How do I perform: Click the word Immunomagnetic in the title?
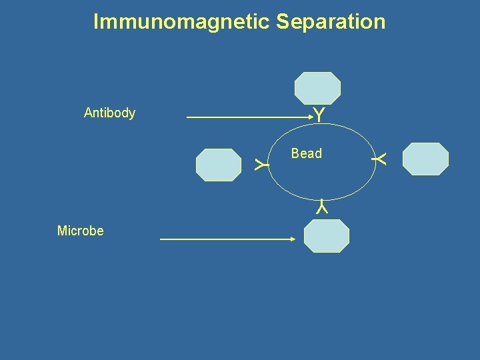(x=182, y=22)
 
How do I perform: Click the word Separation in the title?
(x=331, y=22)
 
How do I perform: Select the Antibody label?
(x=109, y=113)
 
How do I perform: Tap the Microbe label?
(x=80, y=231)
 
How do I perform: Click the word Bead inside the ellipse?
(x=306, y=153)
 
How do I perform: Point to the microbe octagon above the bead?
(x=317, y=88)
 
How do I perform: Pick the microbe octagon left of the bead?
(x=218, y=165)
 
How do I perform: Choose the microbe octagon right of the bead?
(x=426, y=159)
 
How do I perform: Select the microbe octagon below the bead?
(x=326, y=236)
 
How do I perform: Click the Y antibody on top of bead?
(x=319, y=115)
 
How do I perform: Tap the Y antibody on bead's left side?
(x=261, y=163)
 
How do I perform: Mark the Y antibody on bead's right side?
(x=380, y=159)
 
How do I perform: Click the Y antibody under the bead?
(x=322, y=207)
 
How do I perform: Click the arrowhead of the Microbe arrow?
(x=291, y=239)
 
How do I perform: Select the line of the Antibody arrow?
(x=247, y=118)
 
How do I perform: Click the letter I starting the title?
(x=96, y=22)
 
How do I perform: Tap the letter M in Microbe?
(x=62, y=231)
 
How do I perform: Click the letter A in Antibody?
(x=88, y=113)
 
